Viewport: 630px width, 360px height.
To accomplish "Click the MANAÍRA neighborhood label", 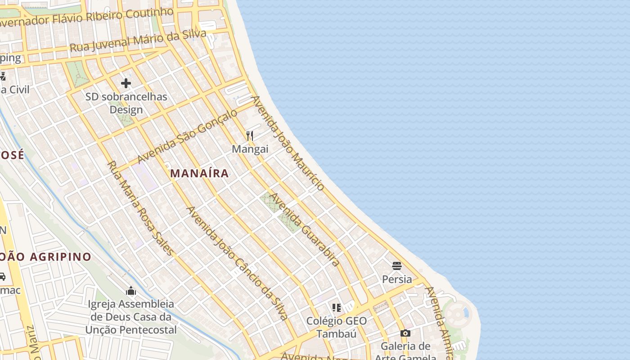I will (x=199, y=173).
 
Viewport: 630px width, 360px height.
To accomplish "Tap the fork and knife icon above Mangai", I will (x=250, y=135).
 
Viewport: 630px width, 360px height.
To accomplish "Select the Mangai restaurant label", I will (x=250, y=149).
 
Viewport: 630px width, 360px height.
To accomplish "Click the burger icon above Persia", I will (x=396, y=266).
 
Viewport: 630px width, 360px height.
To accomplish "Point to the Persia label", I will (x=397, y=279).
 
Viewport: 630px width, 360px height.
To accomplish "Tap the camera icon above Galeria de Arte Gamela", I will (x=405, y=333).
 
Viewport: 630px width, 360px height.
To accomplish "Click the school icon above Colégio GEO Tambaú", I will (x=337, y=308).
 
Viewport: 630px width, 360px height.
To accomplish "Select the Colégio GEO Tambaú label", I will (x=337, y=327).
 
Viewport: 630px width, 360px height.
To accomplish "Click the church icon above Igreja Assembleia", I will (x=131, y=291).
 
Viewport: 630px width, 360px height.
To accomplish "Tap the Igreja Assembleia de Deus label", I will (x=131, y=317).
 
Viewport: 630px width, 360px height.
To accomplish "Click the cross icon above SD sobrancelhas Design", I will (x=126, y=83).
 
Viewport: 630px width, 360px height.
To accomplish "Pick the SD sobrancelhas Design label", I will (x=126, y=103).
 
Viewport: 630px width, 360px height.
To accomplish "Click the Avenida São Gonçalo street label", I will (x=187, y=136).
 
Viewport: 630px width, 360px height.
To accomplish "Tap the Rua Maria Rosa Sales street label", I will (x=140, y=208).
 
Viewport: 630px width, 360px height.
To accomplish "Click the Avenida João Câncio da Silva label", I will (x=237, y=263).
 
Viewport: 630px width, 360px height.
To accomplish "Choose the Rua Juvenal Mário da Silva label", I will (x=138, y=40).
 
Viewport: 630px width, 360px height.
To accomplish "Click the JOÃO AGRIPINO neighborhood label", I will (x=45, y=257).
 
